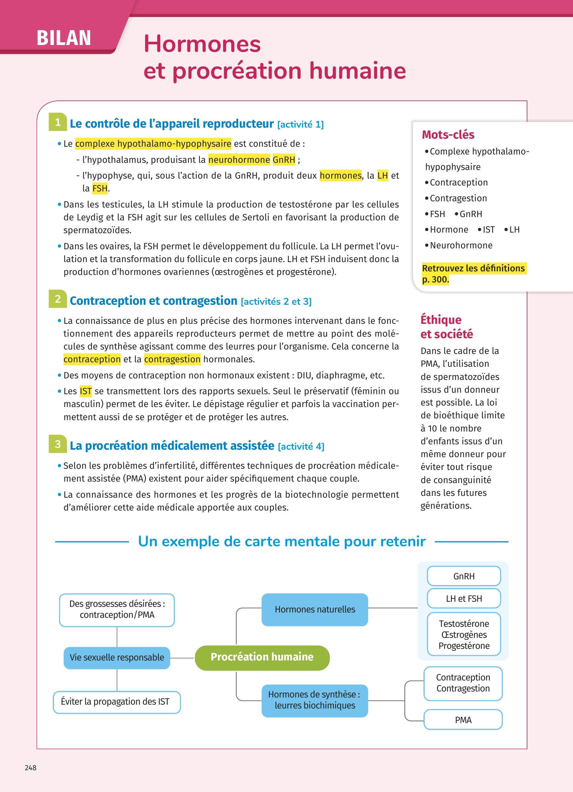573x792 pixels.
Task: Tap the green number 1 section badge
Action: point(58,122)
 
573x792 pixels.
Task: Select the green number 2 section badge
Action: point(58,299)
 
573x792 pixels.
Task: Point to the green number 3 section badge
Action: point(58,444)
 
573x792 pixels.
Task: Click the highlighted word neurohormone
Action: point(239,160)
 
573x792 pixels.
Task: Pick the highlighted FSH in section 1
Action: point(100,188)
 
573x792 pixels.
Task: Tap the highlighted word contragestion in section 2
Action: point(172,359)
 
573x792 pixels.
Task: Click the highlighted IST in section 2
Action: point(86,391)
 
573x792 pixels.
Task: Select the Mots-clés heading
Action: point(448,134)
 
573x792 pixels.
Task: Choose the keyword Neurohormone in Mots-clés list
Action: point(461,245)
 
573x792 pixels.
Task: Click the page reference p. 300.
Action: point(435,279)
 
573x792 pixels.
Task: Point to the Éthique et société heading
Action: point(446,327)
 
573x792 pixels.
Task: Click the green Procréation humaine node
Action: point(262,657)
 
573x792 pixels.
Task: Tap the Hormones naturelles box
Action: point(315,610)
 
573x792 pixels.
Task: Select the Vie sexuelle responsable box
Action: point(117,657)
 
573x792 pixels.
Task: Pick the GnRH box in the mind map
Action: point(464,576)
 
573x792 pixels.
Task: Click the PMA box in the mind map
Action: point(463,720)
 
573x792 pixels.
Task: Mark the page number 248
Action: point(31,768)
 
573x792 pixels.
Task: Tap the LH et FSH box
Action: point(464,598)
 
